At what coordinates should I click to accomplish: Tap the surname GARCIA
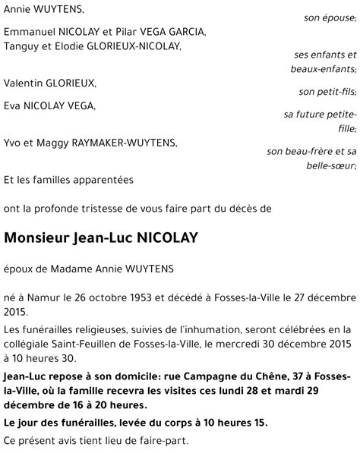(x=184, y=33)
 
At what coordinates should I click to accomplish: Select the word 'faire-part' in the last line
(x=169, y=441)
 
